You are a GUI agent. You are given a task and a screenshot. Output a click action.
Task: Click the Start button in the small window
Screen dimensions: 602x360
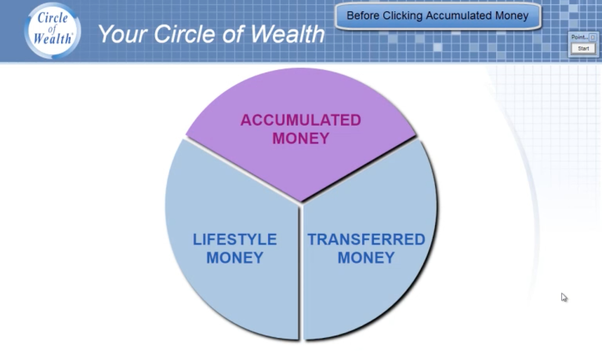click(x=583, y=49)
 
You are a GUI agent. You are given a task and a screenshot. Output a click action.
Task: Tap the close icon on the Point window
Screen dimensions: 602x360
click(x=593, y=37)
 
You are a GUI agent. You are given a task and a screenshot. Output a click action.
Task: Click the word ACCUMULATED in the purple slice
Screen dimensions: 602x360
click(x=301, y=120)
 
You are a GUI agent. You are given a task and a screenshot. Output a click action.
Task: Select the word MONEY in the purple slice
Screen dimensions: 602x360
click(x=301, y=138)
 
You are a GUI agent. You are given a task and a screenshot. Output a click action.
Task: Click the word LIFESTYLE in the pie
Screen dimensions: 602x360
click(x=235, y=240)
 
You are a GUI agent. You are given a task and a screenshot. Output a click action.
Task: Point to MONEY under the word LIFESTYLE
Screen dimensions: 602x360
click(x=235, y=258)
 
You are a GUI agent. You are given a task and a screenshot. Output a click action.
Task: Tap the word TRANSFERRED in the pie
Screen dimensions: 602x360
click(x=366, y=240)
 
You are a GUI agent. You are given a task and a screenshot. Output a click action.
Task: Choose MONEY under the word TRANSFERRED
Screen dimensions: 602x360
click(x=366, y=258)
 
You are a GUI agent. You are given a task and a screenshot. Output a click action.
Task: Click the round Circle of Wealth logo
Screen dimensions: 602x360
click(x=53, y=30)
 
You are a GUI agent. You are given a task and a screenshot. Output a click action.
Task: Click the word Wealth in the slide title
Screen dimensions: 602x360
click(x=288, y=34)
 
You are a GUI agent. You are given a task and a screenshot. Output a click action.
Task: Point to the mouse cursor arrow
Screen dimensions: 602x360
click(x=564, y=297)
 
